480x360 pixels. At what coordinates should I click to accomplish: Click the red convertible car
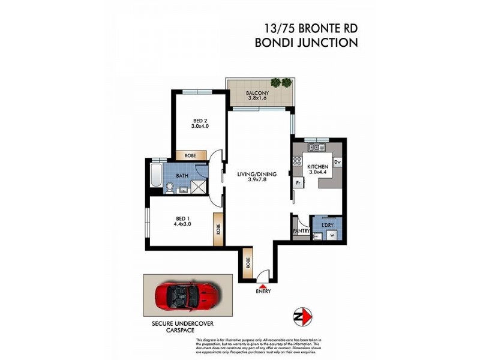[188, 298]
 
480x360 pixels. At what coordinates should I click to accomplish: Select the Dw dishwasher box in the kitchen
[338, 162]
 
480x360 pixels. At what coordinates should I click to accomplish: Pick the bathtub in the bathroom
[155, 176]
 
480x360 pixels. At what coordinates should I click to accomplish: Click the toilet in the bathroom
[170, 188]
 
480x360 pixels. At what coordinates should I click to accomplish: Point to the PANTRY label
[301, 231]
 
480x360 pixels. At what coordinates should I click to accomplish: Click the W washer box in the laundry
[331, 235]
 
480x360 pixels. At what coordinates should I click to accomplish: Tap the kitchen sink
[316, 147]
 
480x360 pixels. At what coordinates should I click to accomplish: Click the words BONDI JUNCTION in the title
[306, 43]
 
